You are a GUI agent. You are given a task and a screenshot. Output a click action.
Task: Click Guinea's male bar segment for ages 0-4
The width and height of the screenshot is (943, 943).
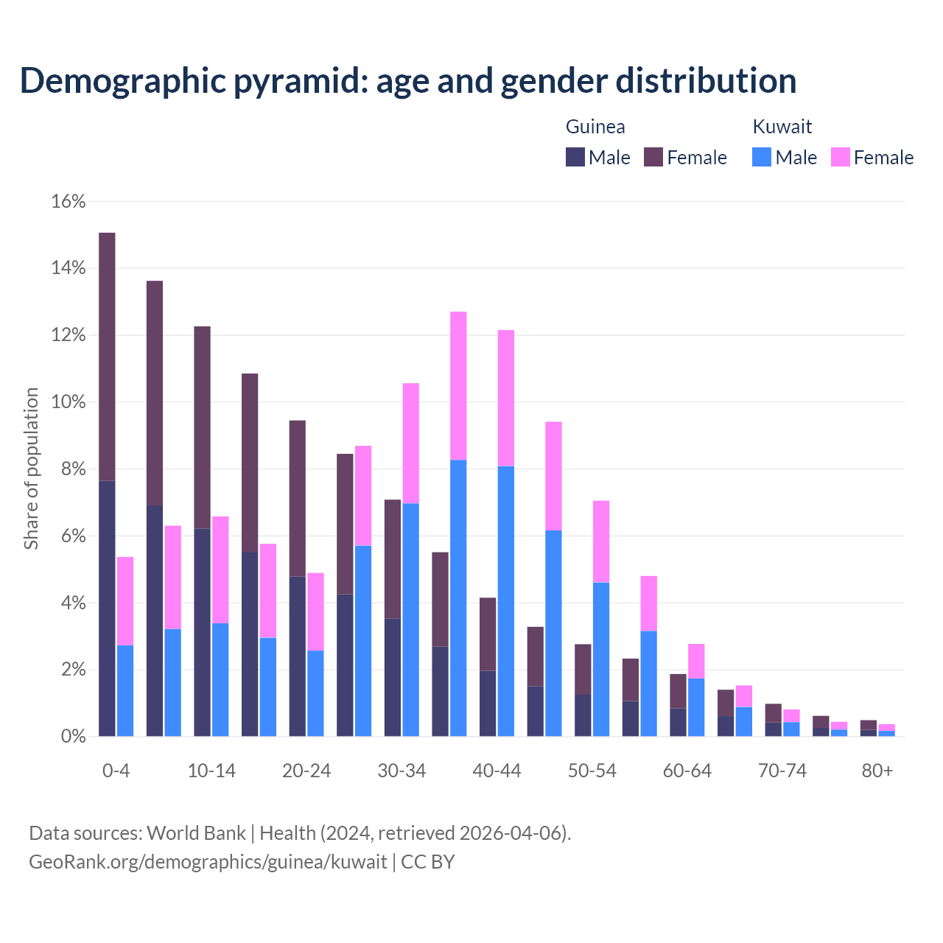click(x=107, y=608)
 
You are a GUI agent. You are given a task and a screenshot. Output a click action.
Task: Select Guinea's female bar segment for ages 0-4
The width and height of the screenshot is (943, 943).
click(x=107, y=357)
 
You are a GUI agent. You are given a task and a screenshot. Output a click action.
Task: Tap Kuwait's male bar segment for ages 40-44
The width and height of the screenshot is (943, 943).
click(x=506, y=600)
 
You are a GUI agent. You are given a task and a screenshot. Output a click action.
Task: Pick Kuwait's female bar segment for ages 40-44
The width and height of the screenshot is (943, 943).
click(x=506, y=398)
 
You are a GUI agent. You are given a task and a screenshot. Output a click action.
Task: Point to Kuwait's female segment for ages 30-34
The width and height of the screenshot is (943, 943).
click(x=411, y=444)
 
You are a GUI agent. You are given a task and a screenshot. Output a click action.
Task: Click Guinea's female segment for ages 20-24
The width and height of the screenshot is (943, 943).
click(x=298, y=498)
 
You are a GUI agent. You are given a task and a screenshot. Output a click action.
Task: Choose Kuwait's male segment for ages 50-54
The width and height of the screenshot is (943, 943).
click(x=601, y=659)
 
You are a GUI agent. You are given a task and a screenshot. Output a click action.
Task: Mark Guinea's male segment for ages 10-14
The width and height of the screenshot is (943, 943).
click(x=202, y=632)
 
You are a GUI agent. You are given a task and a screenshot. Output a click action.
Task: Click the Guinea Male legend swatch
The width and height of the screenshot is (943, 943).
click(x=575, y=157)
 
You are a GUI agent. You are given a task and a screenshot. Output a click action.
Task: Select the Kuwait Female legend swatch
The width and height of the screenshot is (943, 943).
click(x=841, y=157)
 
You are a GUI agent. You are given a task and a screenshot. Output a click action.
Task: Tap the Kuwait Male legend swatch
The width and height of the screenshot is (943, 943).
click(x=762, y=157)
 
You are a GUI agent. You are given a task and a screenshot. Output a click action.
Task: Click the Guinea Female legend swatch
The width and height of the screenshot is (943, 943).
click(x=653, y=157)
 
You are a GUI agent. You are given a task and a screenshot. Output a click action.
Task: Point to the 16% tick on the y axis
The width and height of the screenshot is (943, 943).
click(x=69, y=201)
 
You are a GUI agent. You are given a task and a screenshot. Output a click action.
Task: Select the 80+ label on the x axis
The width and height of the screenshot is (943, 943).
click(x=877, y=771)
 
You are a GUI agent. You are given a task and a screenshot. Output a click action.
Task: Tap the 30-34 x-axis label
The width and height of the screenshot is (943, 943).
click(x=402, y=771)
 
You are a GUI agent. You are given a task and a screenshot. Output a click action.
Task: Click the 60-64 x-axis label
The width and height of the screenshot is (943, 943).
click(x=687, y=771)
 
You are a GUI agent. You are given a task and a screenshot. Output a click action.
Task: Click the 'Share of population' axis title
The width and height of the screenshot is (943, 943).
click(x=32, y=469)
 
